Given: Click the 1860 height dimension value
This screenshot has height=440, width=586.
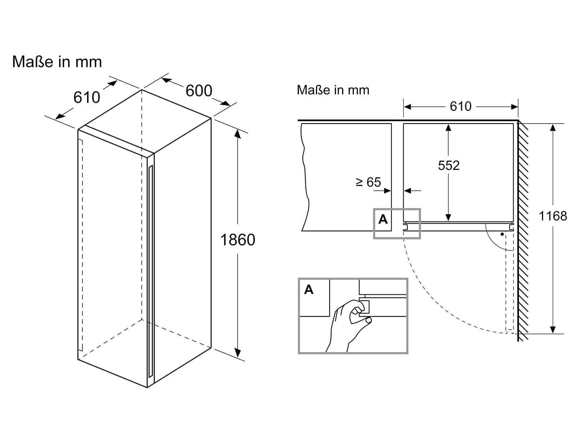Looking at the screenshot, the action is pyautogui.click(x=238, y=240).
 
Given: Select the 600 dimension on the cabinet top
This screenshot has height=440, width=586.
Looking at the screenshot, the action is pyautogui.click(x=199, y=91).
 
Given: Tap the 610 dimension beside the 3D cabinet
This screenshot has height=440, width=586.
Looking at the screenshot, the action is pyautogui.click(x=87, y=97).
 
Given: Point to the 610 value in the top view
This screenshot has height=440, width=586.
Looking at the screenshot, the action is pyautogui.click(x=460, y=106).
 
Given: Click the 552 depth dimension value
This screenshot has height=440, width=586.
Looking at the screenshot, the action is pyautogui.click(x=449, y=165).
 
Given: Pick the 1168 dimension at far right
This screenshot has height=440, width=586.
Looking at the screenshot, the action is pyautogui.click(x=553, y=216).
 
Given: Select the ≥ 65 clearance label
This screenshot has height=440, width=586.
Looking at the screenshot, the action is pyautogui.click(x=368, y=182).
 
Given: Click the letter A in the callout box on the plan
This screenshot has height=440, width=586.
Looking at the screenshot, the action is pyautogui.click(x=383, y=220).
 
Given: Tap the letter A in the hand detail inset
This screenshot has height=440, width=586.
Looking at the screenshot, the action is pyautogui.click(x=309, y=290).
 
